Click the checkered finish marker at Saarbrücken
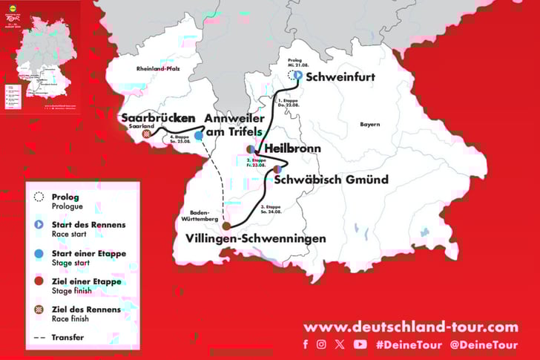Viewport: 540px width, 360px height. [148, 134]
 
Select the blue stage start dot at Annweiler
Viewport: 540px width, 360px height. [200, 135]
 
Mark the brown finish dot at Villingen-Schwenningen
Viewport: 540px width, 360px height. [225, 226]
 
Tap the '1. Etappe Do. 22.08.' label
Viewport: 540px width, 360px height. [288, 102]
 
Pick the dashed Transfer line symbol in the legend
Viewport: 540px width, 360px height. [39, 338]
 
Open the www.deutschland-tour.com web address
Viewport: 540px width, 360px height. [410, 327]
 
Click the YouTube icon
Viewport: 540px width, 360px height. [360, 344]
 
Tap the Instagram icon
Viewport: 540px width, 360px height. [321, 344]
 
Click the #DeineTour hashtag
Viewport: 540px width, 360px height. [409, 344]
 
